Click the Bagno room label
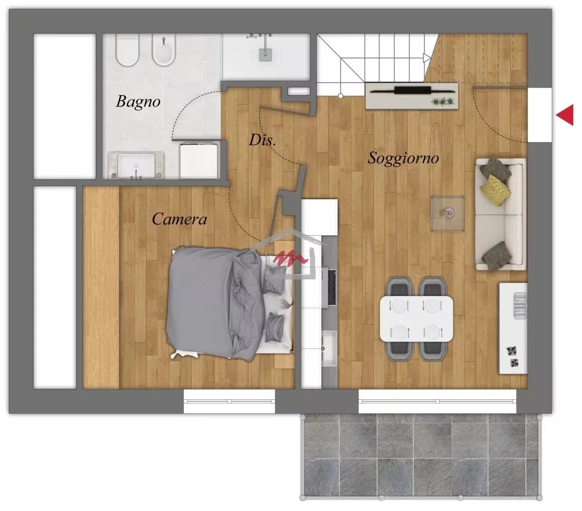coord(138,102)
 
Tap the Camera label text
coord(179,219)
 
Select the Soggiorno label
coord(403,158)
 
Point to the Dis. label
coord(262,140)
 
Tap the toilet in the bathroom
coord(128,50)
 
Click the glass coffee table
coord(448,214)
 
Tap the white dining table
coord(416,319)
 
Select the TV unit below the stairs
coord(412,96)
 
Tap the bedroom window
coord(229,401)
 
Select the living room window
coord(437,401)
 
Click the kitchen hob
coord(332,287)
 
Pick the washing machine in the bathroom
coord(198,160)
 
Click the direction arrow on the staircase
coord(427,58)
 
